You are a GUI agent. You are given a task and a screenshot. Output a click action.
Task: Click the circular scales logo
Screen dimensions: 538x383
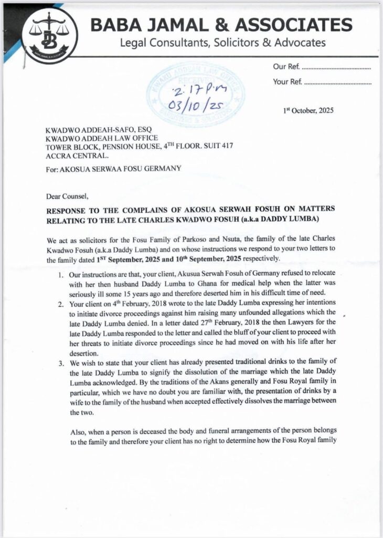point(50,34)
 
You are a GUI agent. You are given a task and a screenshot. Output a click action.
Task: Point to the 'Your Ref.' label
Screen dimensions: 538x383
point(287,82)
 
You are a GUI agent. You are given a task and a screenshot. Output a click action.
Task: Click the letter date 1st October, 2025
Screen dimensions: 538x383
point(307,110)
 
